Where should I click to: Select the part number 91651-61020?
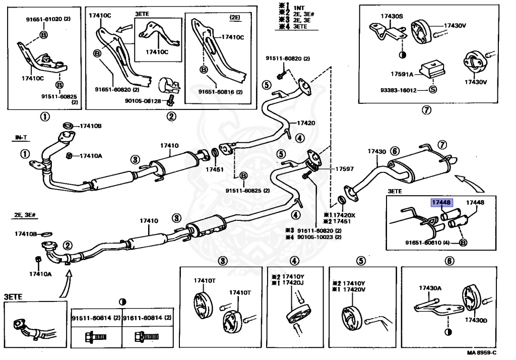(45, 19)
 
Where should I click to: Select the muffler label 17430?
(376, 151)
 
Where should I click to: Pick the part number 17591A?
(401, 74)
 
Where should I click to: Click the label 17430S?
(394, 17)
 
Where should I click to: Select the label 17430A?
(430, 288)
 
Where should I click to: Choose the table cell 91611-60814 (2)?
(145, 318)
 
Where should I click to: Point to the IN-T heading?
(22, 137)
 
